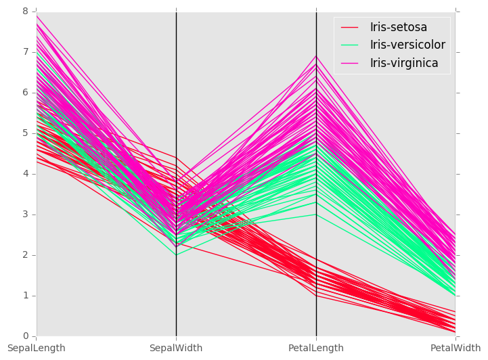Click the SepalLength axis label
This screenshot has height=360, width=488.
(x=37, y=348)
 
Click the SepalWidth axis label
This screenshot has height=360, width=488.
(x=176, y=348)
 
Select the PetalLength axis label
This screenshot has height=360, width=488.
(x=316, y=348)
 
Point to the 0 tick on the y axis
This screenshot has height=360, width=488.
(x=26, y=336)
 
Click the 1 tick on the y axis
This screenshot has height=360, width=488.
(x=26, y=296)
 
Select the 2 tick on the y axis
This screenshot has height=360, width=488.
(x=26, y=255)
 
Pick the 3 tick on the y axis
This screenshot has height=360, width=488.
(x=26, y=215)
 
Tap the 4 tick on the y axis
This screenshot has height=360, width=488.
(x=26, y=174)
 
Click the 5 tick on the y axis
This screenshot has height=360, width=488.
(x=26, y=133)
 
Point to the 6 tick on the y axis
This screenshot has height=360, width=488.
(x=26, y=93)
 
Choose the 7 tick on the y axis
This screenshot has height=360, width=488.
(x=26, y=52)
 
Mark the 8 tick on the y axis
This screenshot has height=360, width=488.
(x=26, y=12)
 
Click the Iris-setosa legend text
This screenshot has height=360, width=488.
(x=398, y=28)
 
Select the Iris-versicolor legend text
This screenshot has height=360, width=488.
(x=407, y=45)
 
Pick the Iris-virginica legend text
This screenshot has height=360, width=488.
(x=403, y=63)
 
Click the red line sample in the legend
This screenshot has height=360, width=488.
(x=349, y=28)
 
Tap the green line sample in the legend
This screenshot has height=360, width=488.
(x=349, y=45)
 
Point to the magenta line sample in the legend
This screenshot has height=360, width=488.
(x=349, y=63)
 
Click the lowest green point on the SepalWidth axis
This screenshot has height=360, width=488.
(x=176, y=255)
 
